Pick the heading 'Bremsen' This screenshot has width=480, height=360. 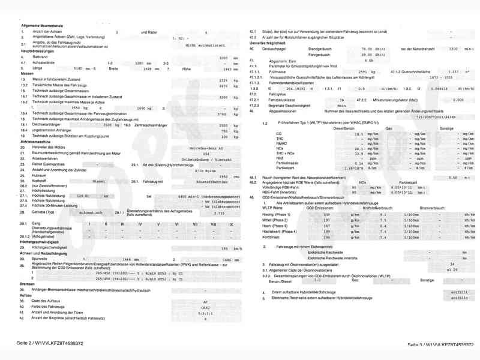pyautogui.click(x=28, y=284)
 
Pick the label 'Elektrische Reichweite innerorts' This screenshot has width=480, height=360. pyautogui.click(x=333, y=257)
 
